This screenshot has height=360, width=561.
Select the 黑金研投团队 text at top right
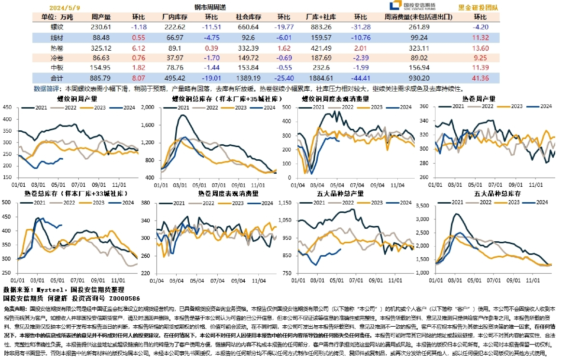pyautogui.click(x=478, y=8)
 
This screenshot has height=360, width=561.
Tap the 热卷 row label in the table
pyautogui.click(x=56, y=48)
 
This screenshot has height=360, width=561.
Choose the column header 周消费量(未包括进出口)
pyautogui.click(x=419, y=17)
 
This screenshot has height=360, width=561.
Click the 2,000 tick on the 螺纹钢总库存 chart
pyautogui.click(x=147, y=108)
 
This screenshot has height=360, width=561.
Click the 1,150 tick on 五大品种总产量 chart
pyautogui.click(x=286, y=203)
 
